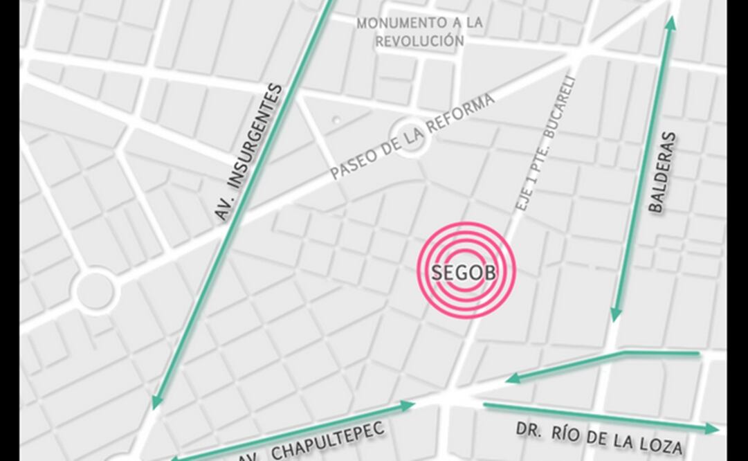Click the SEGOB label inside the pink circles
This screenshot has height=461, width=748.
click(x=464, y=272)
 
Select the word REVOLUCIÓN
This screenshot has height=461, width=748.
click(x=419, y=42)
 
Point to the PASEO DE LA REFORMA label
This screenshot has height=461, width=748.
click(x=413, y=136)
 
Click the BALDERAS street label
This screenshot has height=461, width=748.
click(x=662, y=172)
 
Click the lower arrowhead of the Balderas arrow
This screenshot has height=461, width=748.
click(x=615, y=315)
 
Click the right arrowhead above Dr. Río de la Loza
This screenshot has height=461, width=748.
click(x=712, y=429)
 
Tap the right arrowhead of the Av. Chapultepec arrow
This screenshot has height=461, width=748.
click(x=408, y=405)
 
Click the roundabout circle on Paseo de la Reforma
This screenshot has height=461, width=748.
click(x=408, y=137)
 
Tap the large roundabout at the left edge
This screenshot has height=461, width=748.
click(x=95, y=291)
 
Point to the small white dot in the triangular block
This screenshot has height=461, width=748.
click(x=336, y=120)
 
